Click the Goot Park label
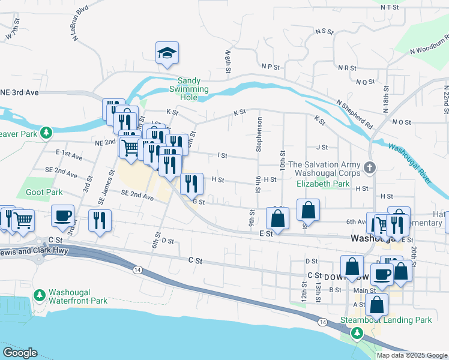click(x=44, y=193)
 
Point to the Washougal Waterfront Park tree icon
click(x=40, y=295)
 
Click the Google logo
click(x=20, y=353)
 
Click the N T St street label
click(x=390, y=7)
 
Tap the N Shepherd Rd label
click(x=354, y=113)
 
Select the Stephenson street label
click(x=260, y=134)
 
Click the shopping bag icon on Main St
click(x=376, y=305)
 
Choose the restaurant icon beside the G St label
click(x=191, y=184)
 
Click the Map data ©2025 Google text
click(x=411, y=355)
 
